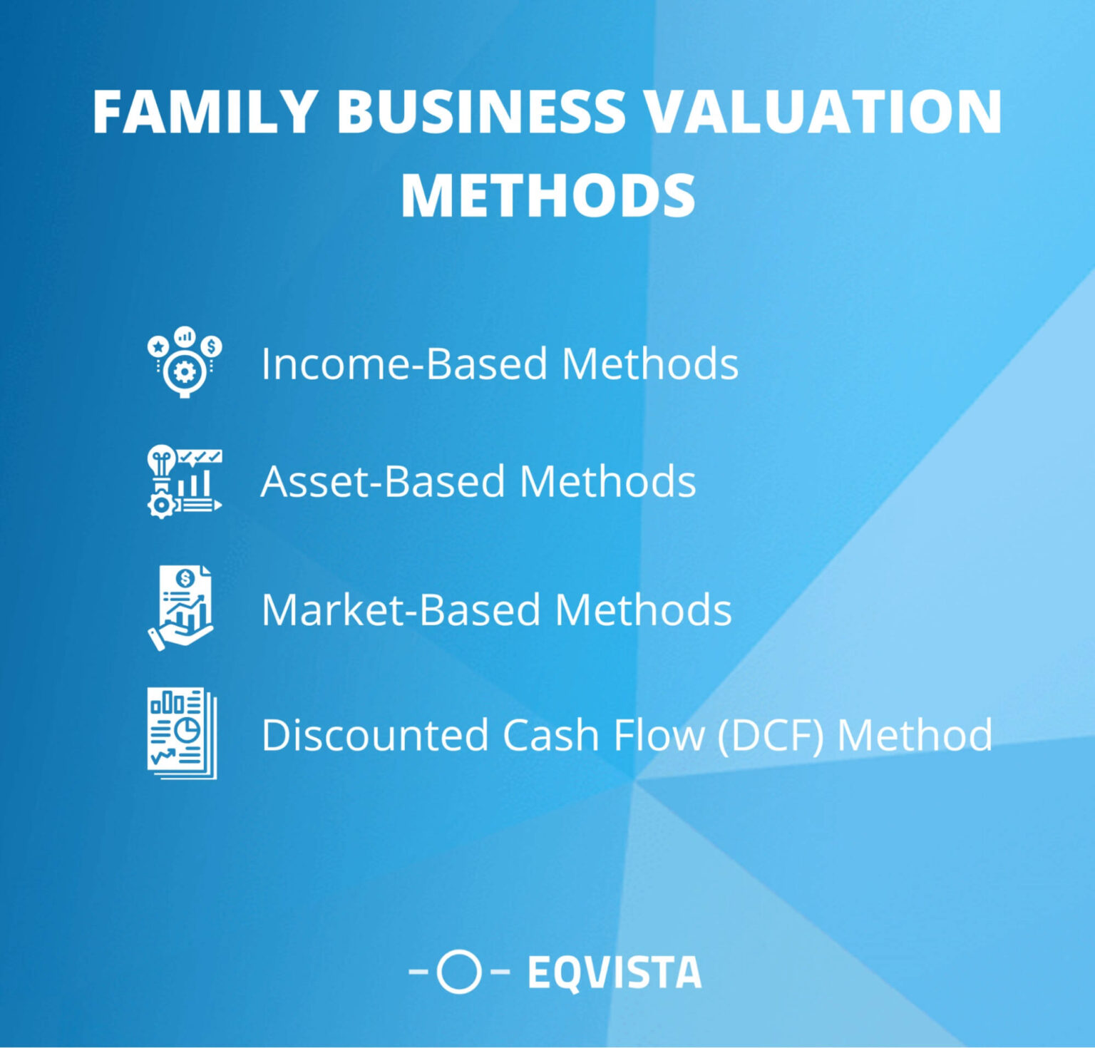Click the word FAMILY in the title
tap(205, 113)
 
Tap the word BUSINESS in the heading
tap(480, 113)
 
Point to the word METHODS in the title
tap(547, 196)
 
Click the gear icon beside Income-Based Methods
tap(185, 362)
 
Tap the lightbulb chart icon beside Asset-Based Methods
tap(184, 482)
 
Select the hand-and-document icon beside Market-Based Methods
tap(181, 608)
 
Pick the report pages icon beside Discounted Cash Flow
tap(182, 733)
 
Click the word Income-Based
tap(405, 364)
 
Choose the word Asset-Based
tap(384, 481)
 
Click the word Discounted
tap(375, 735)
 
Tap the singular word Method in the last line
tap(914, 735)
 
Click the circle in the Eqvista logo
tap(458, 971)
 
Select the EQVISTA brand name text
tap(615, 972)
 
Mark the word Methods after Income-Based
tap(649, 364)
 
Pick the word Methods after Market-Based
tap(643, 610)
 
